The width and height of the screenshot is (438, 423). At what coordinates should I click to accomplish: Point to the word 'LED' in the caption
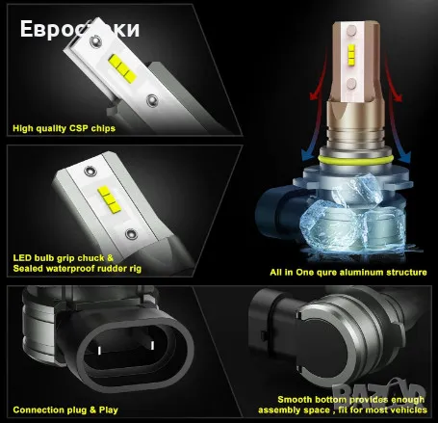tap(21, 257)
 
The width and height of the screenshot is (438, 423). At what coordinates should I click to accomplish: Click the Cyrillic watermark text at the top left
tap(77, 28)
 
